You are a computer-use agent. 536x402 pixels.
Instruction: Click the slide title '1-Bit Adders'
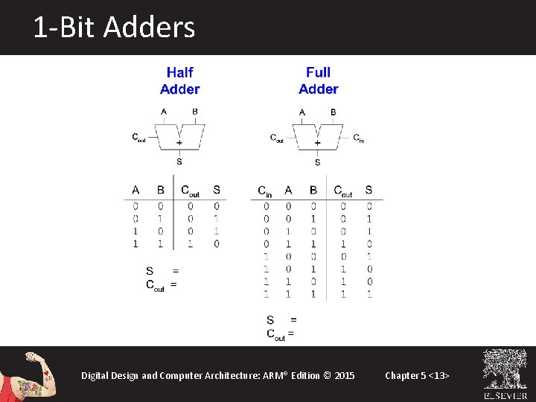114,28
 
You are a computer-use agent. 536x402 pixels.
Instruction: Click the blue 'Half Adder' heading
179,80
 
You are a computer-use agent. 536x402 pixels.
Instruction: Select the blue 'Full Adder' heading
318,80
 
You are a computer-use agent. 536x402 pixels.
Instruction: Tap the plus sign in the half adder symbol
179,141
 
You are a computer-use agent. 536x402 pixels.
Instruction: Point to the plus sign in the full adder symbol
318,142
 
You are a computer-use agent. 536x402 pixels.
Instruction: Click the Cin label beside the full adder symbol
358,138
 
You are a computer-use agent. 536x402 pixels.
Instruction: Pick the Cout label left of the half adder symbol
138,137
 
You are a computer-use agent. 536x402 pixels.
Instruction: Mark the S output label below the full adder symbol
318,162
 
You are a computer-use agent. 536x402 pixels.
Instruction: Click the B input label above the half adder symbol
195,112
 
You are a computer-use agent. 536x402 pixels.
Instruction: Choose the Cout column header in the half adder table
190,190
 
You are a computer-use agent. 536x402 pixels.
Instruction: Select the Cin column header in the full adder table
265,191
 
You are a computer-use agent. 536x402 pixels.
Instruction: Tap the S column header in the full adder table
368,190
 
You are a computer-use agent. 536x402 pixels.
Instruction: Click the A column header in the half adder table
135,190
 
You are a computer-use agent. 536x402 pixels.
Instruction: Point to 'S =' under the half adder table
162,270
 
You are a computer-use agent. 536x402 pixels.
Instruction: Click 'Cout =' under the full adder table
280,334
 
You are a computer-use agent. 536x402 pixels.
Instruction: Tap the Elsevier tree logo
505,370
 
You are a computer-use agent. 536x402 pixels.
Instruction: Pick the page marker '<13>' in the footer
439,375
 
